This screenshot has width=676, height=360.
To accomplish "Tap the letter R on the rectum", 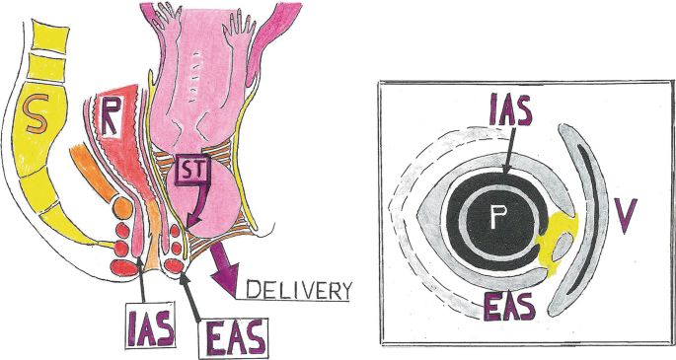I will click(x=113, y=116).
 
